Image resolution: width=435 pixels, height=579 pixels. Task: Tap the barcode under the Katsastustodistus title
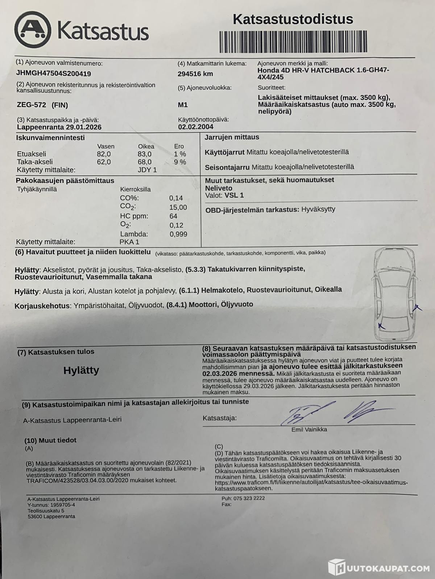pos(293,42)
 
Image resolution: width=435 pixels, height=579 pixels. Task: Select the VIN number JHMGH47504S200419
pos(53,73)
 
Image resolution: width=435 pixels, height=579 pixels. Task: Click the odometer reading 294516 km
pos(195,74)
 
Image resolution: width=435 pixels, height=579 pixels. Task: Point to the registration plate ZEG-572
pos(32,105)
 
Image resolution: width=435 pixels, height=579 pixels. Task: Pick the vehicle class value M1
pos(183,105)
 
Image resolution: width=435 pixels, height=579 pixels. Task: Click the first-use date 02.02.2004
pos(195,127)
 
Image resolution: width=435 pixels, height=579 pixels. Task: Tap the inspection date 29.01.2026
pos(84,127)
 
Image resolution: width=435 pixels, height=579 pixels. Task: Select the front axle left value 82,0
pos(104,154)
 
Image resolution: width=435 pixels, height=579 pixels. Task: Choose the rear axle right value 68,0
pos(145,162)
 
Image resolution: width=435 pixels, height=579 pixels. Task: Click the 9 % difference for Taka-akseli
pos(180,162)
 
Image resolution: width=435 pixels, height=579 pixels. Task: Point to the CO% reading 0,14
pos(176,198)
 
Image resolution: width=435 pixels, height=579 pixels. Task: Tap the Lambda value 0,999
pos(178,234)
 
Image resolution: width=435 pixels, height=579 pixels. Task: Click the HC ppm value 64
pos(173,216)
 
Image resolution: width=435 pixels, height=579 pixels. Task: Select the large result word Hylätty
pos(81,370)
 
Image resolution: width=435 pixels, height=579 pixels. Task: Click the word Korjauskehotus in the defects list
pos(42,306)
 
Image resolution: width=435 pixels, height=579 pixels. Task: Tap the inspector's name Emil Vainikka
pos(309,430)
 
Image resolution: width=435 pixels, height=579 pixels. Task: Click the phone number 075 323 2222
pos(249,498)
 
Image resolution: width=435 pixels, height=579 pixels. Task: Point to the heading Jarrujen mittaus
pos(232,137)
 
